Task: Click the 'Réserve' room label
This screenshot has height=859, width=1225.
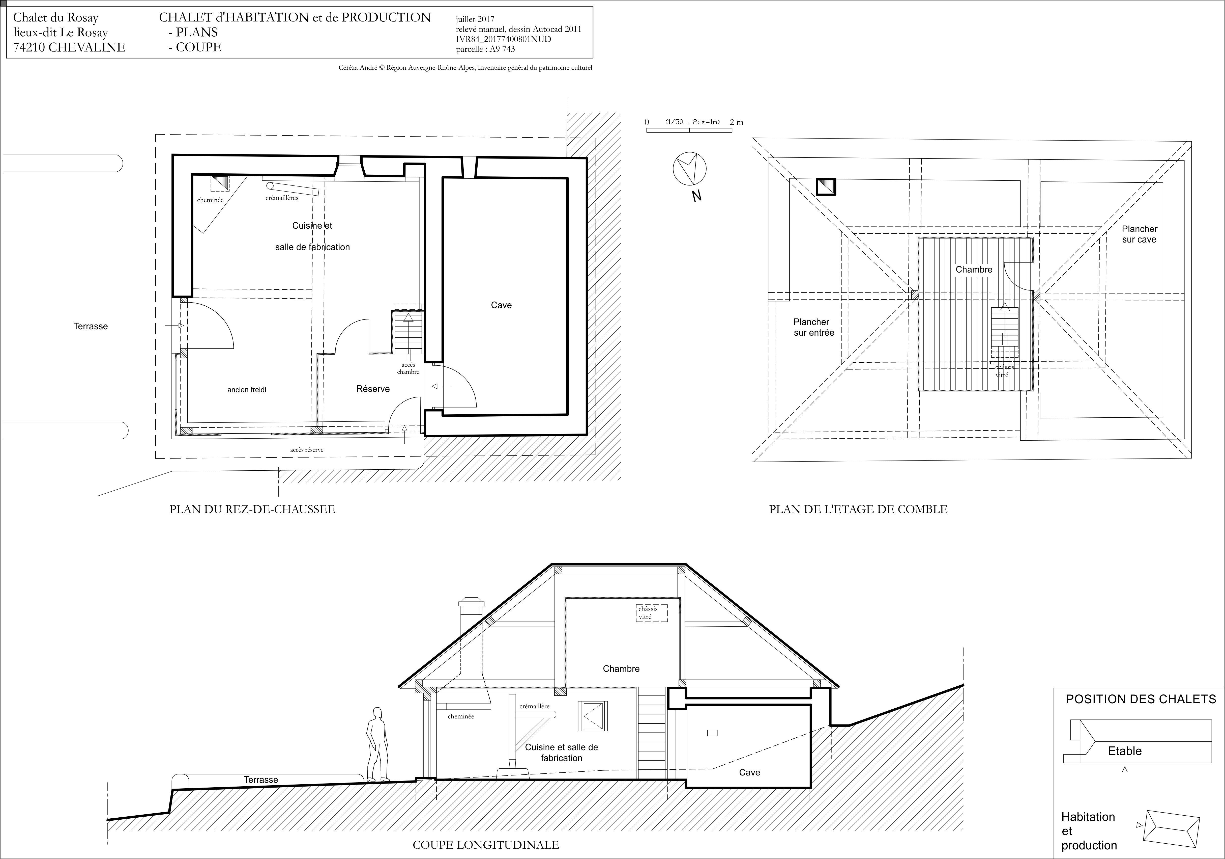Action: point(373,389)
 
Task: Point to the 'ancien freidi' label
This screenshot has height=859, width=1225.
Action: point(247,390)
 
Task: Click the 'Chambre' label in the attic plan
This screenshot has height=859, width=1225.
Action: point(974,270)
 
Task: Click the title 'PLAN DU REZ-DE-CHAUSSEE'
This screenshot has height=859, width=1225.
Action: point(252,509)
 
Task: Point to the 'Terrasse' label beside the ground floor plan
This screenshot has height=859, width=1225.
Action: point(91,326)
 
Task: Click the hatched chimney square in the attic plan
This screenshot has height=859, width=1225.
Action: point(825,186)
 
